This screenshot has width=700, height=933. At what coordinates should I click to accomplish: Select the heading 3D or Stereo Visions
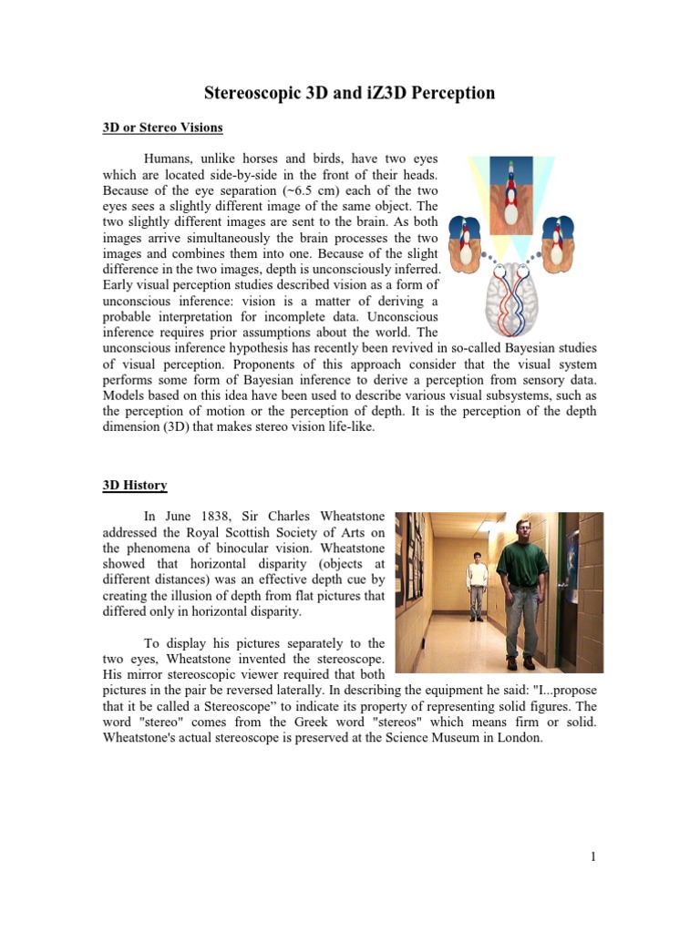pos(162,127)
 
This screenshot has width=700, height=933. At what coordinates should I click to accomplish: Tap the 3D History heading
pos(134,486)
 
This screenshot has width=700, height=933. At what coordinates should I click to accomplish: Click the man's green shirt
pos(522,565)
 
